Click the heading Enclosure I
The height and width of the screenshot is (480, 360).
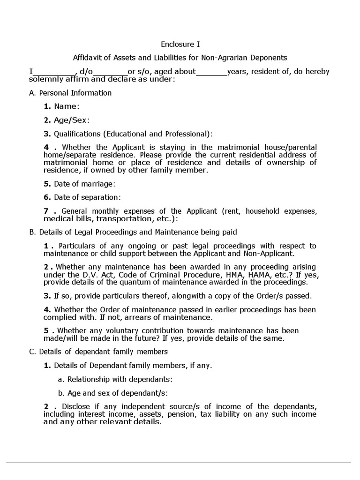180,45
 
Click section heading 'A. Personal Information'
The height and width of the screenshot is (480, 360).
70,93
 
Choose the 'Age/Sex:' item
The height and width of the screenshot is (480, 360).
68,120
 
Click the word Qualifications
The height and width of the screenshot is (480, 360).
77,134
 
